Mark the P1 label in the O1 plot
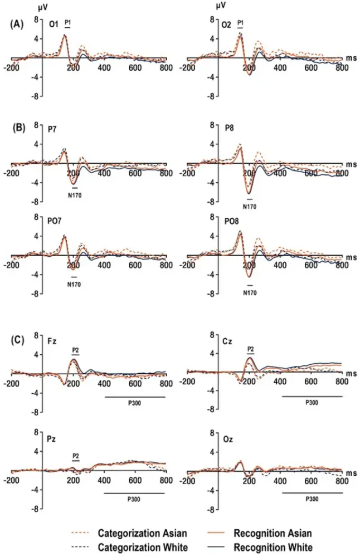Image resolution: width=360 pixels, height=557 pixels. (68, 23)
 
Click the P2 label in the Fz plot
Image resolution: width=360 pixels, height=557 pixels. (76, 350)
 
